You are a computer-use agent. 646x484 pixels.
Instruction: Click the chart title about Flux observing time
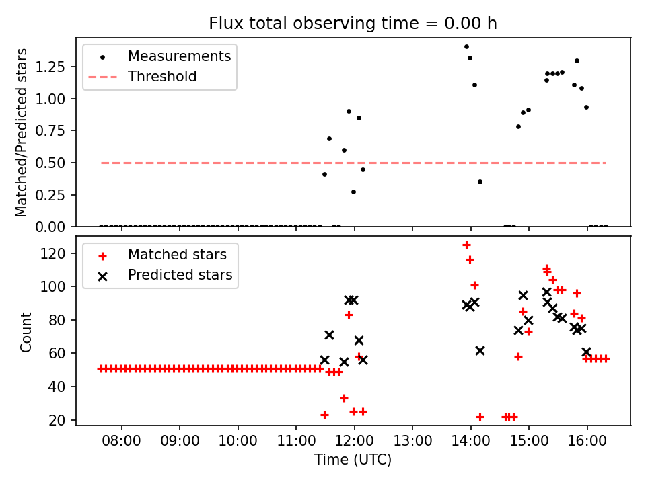click(353, 24)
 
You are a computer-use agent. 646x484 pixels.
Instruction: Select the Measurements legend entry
click(179, 56)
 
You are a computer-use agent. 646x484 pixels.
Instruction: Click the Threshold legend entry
click(163, 77)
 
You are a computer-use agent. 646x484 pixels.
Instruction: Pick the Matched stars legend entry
click(177, 255)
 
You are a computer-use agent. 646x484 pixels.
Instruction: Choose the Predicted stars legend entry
click(180, 275)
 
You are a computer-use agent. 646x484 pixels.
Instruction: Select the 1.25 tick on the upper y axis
click(57, 67)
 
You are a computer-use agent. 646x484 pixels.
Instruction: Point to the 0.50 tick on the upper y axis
click(57, 163)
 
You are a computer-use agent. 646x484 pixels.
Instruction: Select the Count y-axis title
click(26, 331)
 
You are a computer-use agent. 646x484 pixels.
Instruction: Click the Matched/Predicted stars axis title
click(22, 132)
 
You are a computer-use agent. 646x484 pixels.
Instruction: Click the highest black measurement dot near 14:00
click(466, 46)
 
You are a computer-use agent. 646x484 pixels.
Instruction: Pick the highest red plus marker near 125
click(466, 245)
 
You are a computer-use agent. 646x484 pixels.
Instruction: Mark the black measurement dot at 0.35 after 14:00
click(480, 182)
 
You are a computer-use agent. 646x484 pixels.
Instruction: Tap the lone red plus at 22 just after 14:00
click(480, 417)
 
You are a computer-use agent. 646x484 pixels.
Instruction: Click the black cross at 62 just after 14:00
click(480, 350)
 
